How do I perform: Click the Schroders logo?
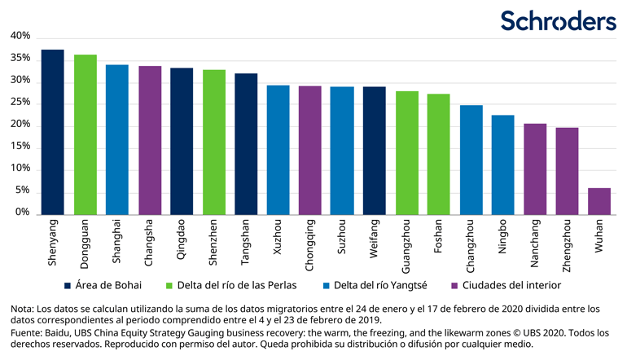558,20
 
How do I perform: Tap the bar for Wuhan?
599,201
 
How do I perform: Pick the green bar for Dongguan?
85,135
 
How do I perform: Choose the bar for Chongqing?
309,151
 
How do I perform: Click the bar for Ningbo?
503,165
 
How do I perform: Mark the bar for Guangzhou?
406,153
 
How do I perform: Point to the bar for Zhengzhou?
568,171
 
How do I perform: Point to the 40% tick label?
20,37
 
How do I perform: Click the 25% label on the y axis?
20,103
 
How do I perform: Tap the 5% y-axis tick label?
23,191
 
